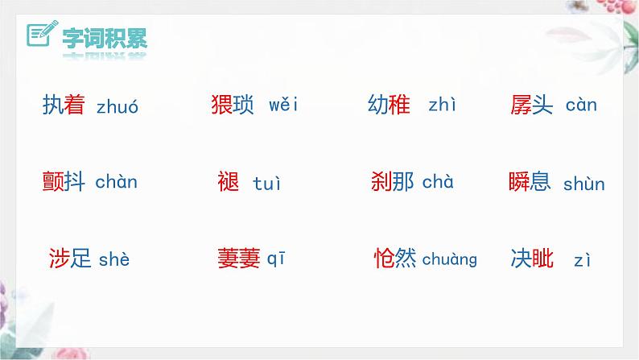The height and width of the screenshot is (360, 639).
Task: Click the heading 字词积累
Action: click(101, 36)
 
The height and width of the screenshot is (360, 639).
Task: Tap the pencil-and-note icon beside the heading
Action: click(39, 35)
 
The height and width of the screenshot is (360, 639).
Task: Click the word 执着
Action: click(64, 106)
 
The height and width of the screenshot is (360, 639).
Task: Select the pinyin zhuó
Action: click(117, 106)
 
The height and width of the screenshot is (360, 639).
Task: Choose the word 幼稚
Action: click(389, 106)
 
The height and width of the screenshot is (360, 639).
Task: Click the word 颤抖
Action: click(64, 182)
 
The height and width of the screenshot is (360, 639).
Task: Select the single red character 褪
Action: click(229, 182)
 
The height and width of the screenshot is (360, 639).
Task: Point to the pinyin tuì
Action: click(267, 184)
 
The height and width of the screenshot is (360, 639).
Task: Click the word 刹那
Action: click(393, 181)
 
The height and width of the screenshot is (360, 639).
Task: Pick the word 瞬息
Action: click(530, 181)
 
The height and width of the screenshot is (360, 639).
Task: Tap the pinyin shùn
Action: click(584, 184)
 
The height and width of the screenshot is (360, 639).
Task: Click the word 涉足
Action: click(70, 259)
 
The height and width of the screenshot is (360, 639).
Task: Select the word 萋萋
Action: click(239, 259)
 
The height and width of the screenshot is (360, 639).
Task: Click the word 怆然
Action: click(395, 259)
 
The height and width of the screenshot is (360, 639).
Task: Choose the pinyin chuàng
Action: click(449, 259)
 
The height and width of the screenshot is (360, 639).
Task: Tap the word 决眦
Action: click(533, 259)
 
